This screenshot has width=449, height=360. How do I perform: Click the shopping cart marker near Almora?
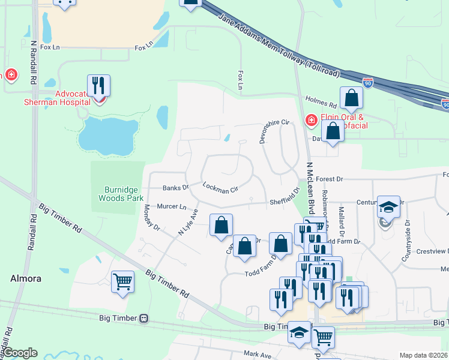coord(122,281)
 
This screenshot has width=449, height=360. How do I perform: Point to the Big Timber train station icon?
coord(143,318)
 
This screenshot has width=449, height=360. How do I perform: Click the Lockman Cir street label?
coord(220,188)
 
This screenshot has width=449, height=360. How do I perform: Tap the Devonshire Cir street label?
coord(274,131)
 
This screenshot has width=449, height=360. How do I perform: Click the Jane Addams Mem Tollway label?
coord(280,47)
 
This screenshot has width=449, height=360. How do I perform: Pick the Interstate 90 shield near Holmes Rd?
coord(368,82)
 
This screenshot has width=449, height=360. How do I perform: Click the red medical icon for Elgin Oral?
coord(311,121)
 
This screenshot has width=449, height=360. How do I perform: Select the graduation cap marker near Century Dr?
coord(388,207)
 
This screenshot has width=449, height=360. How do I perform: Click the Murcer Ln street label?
coord(171,206)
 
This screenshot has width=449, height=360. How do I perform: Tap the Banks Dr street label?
coord(175,187)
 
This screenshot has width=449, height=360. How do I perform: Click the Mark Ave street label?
coord(258,355)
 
